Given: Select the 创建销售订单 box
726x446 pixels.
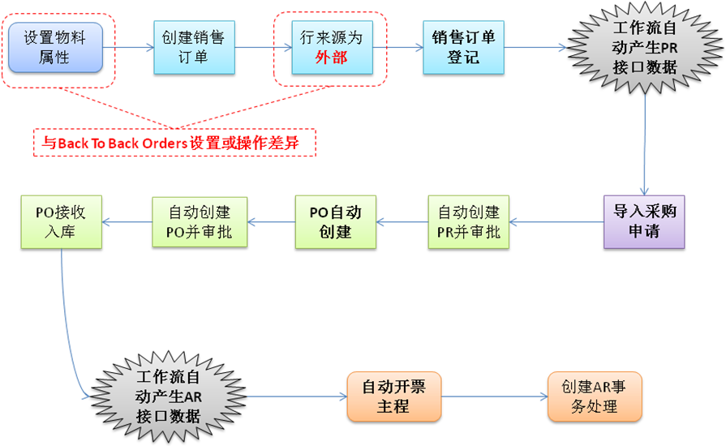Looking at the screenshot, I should [x=194, y=47].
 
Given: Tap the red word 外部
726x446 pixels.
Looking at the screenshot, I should [x=331, y=58].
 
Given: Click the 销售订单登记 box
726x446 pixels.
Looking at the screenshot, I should [x=463, y=47].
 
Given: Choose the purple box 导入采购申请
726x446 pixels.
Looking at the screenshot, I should [x=645, y=221].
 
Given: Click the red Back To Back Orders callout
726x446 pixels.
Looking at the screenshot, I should [x=174, y=143].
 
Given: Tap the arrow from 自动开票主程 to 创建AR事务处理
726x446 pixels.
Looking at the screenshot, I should [x=495, y=397].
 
